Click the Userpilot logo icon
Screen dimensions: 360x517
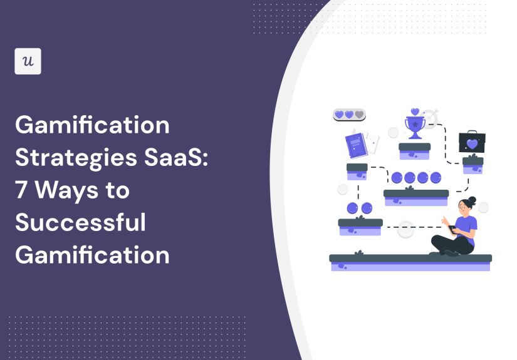(x=28, y=61)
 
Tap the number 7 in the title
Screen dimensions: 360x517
(x=22, y=190)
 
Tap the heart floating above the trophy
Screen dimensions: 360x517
(x=414, y=112)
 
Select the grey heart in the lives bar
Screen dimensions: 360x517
(x=359, y=115)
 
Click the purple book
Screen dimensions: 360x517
(x=355, y=146)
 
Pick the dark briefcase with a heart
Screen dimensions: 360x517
(x=472, y=143)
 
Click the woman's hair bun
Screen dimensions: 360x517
(x=472, y=200)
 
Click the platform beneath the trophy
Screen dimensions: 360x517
(x=414, y=150)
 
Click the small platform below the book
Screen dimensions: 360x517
(x=357, y=170)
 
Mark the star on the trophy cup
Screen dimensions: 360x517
(x=414, y=125)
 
